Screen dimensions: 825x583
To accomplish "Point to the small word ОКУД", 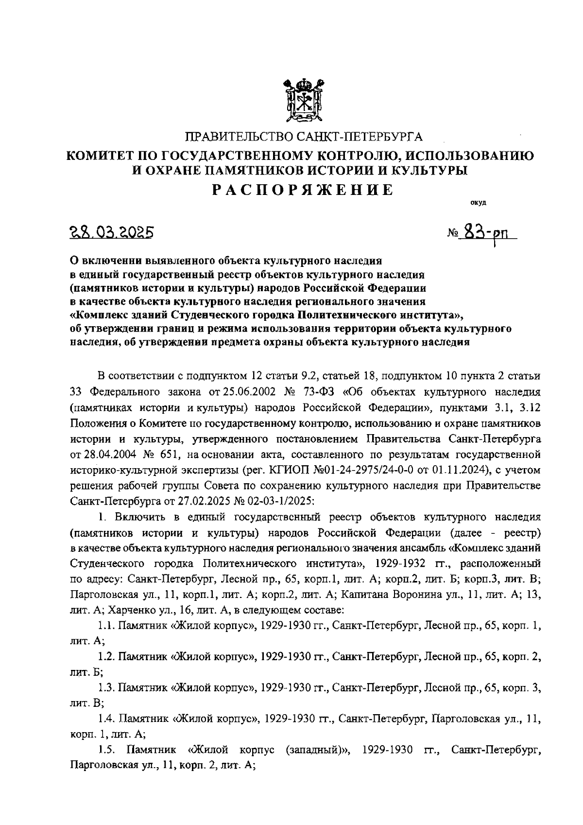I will (478, 203).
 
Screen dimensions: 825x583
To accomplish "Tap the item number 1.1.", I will (106, 626).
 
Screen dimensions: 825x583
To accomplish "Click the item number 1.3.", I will (106, 688).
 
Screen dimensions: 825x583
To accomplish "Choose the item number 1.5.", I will (106, 751).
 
